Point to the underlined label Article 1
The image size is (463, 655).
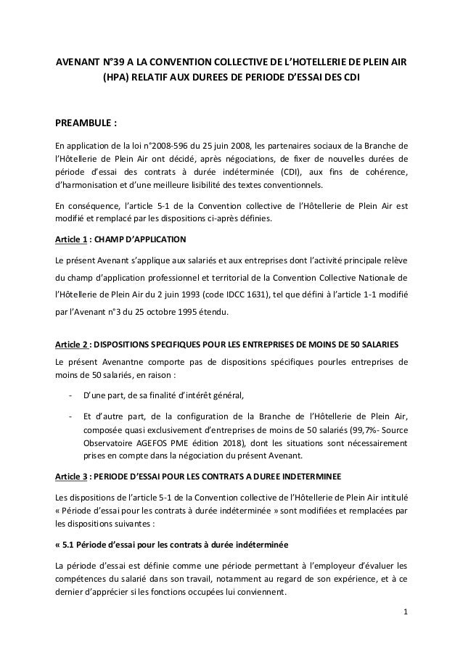[x=71, y=239]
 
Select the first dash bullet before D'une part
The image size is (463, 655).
[x=69, y=395]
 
